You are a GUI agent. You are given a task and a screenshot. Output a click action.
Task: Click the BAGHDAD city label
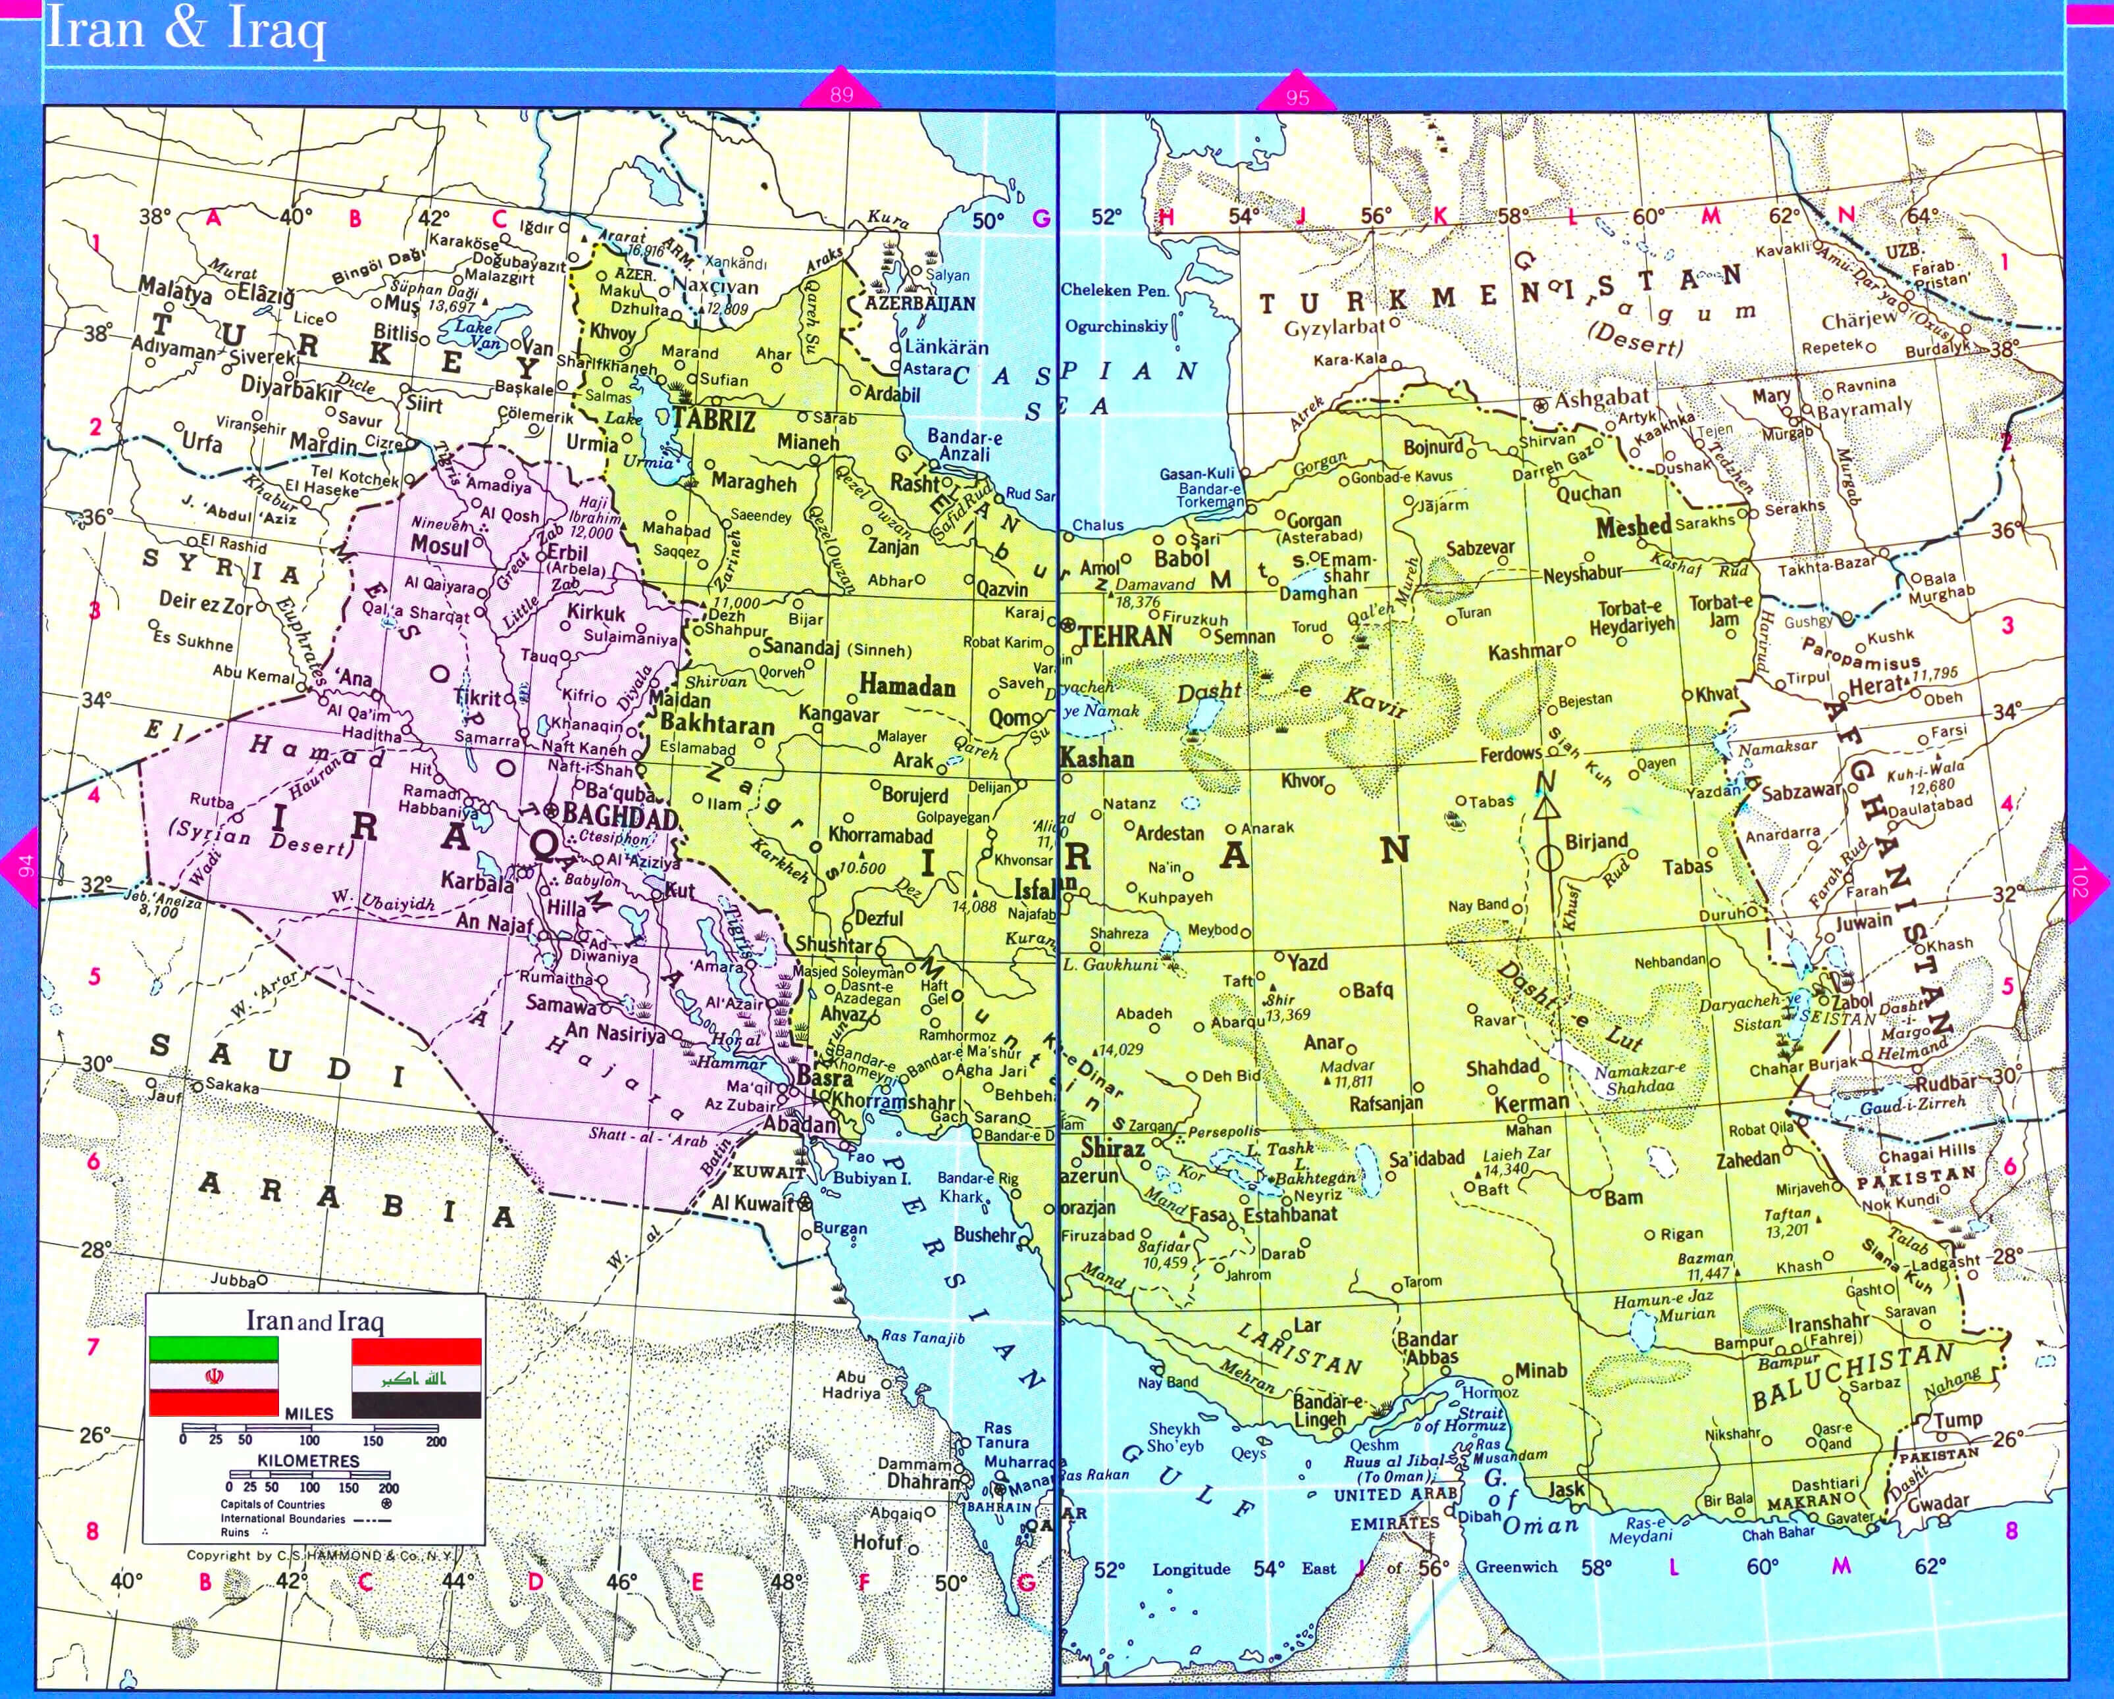coord(620,815)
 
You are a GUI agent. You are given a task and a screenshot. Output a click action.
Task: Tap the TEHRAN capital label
coord(1125,636)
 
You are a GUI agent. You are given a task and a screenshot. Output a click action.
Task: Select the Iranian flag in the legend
coord(213,1377)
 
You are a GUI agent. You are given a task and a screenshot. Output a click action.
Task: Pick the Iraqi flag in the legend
coord(416,1377)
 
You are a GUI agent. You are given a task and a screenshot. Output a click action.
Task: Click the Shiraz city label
coord(1113,1147)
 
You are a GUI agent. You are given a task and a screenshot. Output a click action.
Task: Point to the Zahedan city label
coord(1747,1160)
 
